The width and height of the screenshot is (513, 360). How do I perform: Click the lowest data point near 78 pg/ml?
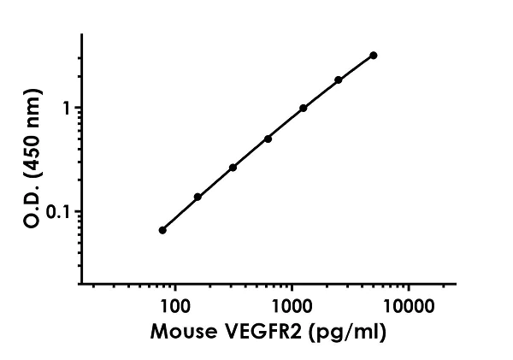pos(162,230)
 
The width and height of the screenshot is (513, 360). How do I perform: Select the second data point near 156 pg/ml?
pos(198,197)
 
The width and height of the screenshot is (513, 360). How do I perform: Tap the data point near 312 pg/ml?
pos(233,168)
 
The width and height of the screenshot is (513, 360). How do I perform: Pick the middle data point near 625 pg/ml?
pos(268,139)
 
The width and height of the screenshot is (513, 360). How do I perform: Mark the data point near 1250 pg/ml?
pos(304,109)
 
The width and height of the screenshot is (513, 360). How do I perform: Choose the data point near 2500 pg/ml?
pos(339,80)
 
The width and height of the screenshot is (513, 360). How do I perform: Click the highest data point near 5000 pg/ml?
pos(374,56)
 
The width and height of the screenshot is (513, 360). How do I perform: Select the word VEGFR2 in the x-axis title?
pos(254,329)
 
